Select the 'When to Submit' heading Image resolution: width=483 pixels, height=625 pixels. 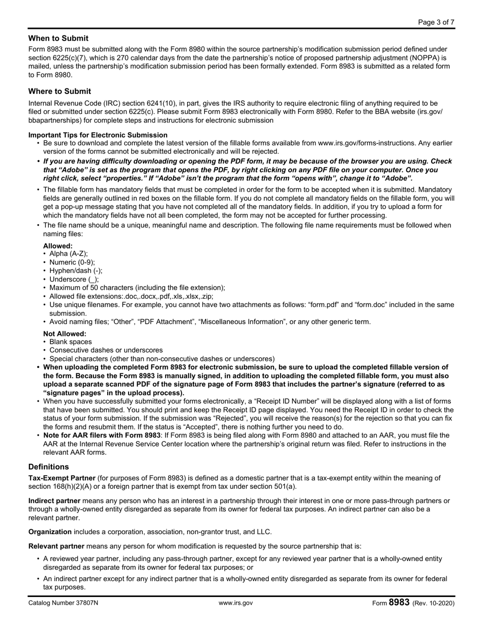[58, 38]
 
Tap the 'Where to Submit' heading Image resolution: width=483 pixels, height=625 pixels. [60, 91]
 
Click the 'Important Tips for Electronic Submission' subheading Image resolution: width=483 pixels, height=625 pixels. [98, 135]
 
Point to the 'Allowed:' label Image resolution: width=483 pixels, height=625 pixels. [58, 246]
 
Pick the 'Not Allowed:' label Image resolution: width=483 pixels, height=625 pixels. [65, 334]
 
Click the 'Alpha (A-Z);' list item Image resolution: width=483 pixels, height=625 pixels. [69, 254]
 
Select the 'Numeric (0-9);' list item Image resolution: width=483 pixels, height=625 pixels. [72, 262]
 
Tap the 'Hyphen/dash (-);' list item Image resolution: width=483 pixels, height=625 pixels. [76, 271]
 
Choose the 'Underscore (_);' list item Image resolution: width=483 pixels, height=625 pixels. [74, 279]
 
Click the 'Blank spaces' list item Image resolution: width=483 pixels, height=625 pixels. [71, 342]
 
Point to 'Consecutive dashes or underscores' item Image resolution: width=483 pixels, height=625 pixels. [106, 350]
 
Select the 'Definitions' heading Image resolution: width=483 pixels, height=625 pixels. [49, 466]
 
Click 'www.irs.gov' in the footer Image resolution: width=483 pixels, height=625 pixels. [235, 603]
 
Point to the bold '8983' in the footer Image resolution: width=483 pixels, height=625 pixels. [399, 603]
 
